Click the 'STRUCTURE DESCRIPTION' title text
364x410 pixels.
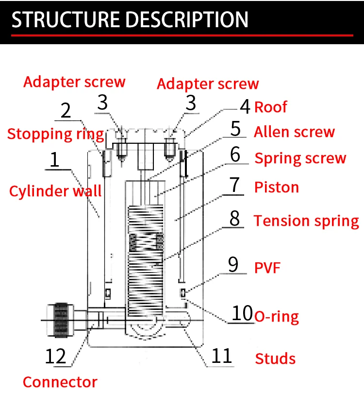click(130, 19)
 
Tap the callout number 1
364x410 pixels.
click(54, 159)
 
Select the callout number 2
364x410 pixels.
click(66, 110)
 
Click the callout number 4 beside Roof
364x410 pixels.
click(245, 107)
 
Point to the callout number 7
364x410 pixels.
click(234, 185)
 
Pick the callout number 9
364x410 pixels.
click(233, 264)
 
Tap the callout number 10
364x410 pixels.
click(242, 313)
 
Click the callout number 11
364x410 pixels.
click(221, 356)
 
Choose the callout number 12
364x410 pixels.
click(55, 356)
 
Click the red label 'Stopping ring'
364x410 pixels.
click(56, 134)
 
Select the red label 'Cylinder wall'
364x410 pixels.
click(55, 190)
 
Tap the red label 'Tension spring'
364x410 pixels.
click(307, 221)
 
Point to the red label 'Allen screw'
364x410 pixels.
click(295, 132)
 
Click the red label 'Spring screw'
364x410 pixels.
click(300, 158)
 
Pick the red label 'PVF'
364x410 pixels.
click(267, 268)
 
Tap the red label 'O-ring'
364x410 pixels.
click(277, 317)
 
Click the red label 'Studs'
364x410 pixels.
click(275, 359)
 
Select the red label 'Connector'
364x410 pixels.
click(60, 382)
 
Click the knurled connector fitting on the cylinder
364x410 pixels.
click(61, 320)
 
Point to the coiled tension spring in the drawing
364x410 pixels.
click(146, 261)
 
